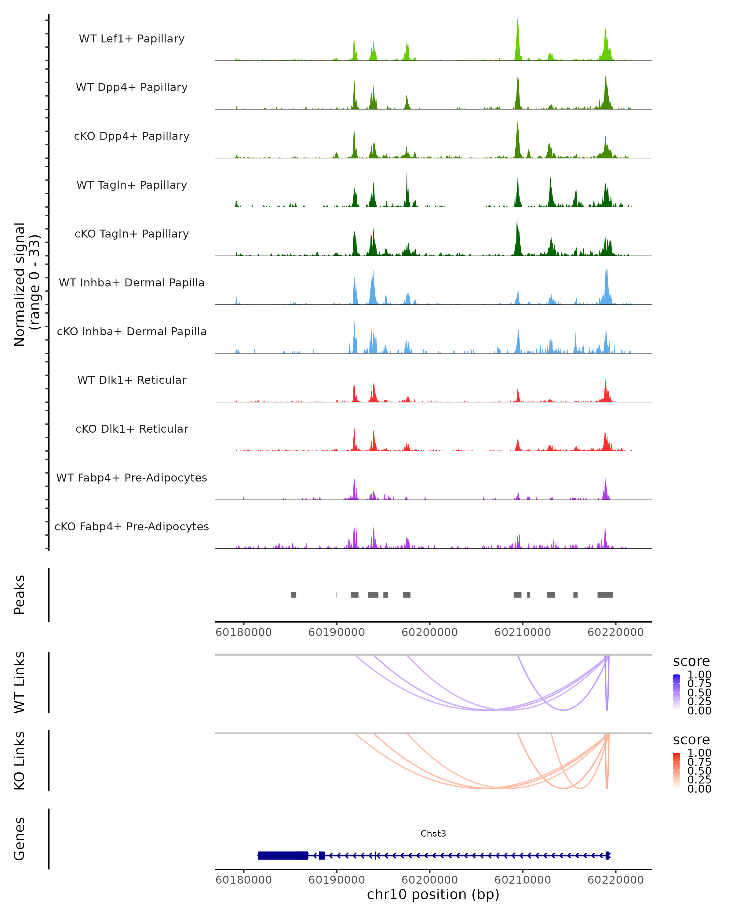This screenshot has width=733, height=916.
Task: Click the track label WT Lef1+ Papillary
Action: point(132,39)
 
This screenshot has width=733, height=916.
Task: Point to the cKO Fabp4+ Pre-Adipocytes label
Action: point(132,526)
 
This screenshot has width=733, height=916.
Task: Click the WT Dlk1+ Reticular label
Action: point(132,380)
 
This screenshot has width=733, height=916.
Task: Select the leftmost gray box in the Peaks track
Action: point(293,595)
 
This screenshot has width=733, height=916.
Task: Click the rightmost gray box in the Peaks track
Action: point(605,595)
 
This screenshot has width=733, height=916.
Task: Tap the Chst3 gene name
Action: point(433,834)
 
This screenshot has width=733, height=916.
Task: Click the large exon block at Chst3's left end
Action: point(283,855)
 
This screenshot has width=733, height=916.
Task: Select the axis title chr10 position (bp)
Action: point(433,895)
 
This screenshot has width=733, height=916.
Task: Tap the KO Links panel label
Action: point(20,761)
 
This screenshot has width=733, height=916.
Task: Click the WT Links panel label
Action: point(20,682)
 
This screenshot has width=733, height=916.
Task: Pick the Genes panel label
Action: point(20,839)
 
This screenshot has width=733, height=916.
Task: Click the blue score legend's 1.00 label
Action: point(699,675)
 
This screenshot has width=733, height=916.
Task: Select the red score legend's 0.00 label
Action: point(699,789)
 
